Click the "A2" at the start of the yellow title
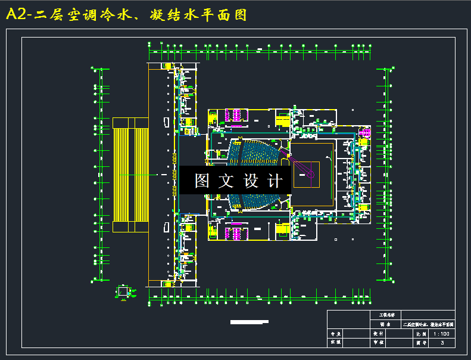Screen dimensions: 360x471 (17, 15)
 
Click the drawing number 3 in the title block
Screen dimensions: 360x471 (442, 342)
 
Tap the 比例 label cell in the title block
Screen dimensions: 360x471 (420, 334)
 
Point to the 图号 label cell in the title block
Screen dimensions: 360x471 (420, 342)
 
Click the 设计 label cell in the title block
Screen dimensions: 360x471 (378, 334)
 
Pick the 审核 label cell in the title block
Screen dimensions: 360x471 (378, 342)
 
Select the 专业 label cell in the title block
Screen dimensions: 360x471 (335, 334)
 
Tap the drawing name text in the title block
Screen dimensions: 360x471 (428, 324)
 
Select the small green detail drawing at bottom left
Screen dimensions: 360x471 (123, 292)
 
